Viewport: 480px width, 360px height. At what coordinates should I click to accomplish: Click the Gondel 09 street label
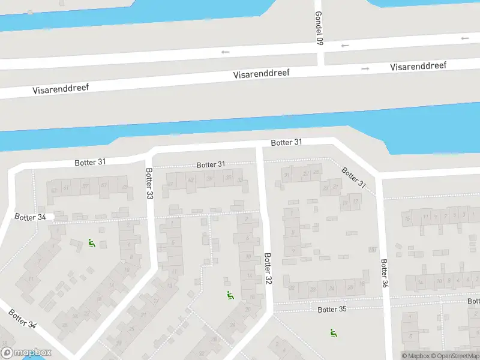(319, 29)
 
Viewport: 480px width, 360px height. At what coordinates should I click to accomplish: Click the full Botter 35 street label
(332, 310)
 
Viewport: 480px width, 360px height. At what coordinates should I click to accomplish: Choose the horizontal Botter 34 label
(30, 217)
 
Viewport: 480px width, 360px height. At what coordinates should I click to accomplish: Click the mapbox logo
(25, 352)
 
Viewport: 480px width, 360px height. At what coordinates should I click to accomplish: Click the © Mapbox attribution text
(416, 356)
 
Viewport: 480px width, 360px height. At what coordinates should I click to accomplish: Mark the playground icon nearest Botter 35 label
(333, 332)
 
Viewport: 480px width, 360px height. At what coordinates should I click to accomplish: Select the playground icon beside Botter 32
(230, 295)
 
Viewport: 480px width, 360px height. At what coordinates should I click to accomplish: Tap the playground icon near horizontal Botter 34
(92, 243)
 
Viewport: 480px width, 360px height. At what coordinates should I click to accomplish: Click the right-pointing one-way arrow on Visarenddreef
(365, 68)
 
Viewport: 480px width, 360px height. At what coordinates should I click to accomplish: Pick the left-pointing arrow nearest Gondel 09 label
(345, 46)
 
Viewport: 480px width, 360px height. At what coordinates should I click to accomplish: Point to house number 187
(373, 250)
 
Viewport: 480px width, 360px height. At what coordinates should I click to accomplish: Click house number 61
(67, 188)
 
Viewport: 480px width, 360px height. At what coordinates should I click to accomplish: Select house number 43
(191, 179)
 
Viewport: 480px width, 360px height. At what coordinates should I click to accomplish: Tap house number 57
(85, 186)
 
